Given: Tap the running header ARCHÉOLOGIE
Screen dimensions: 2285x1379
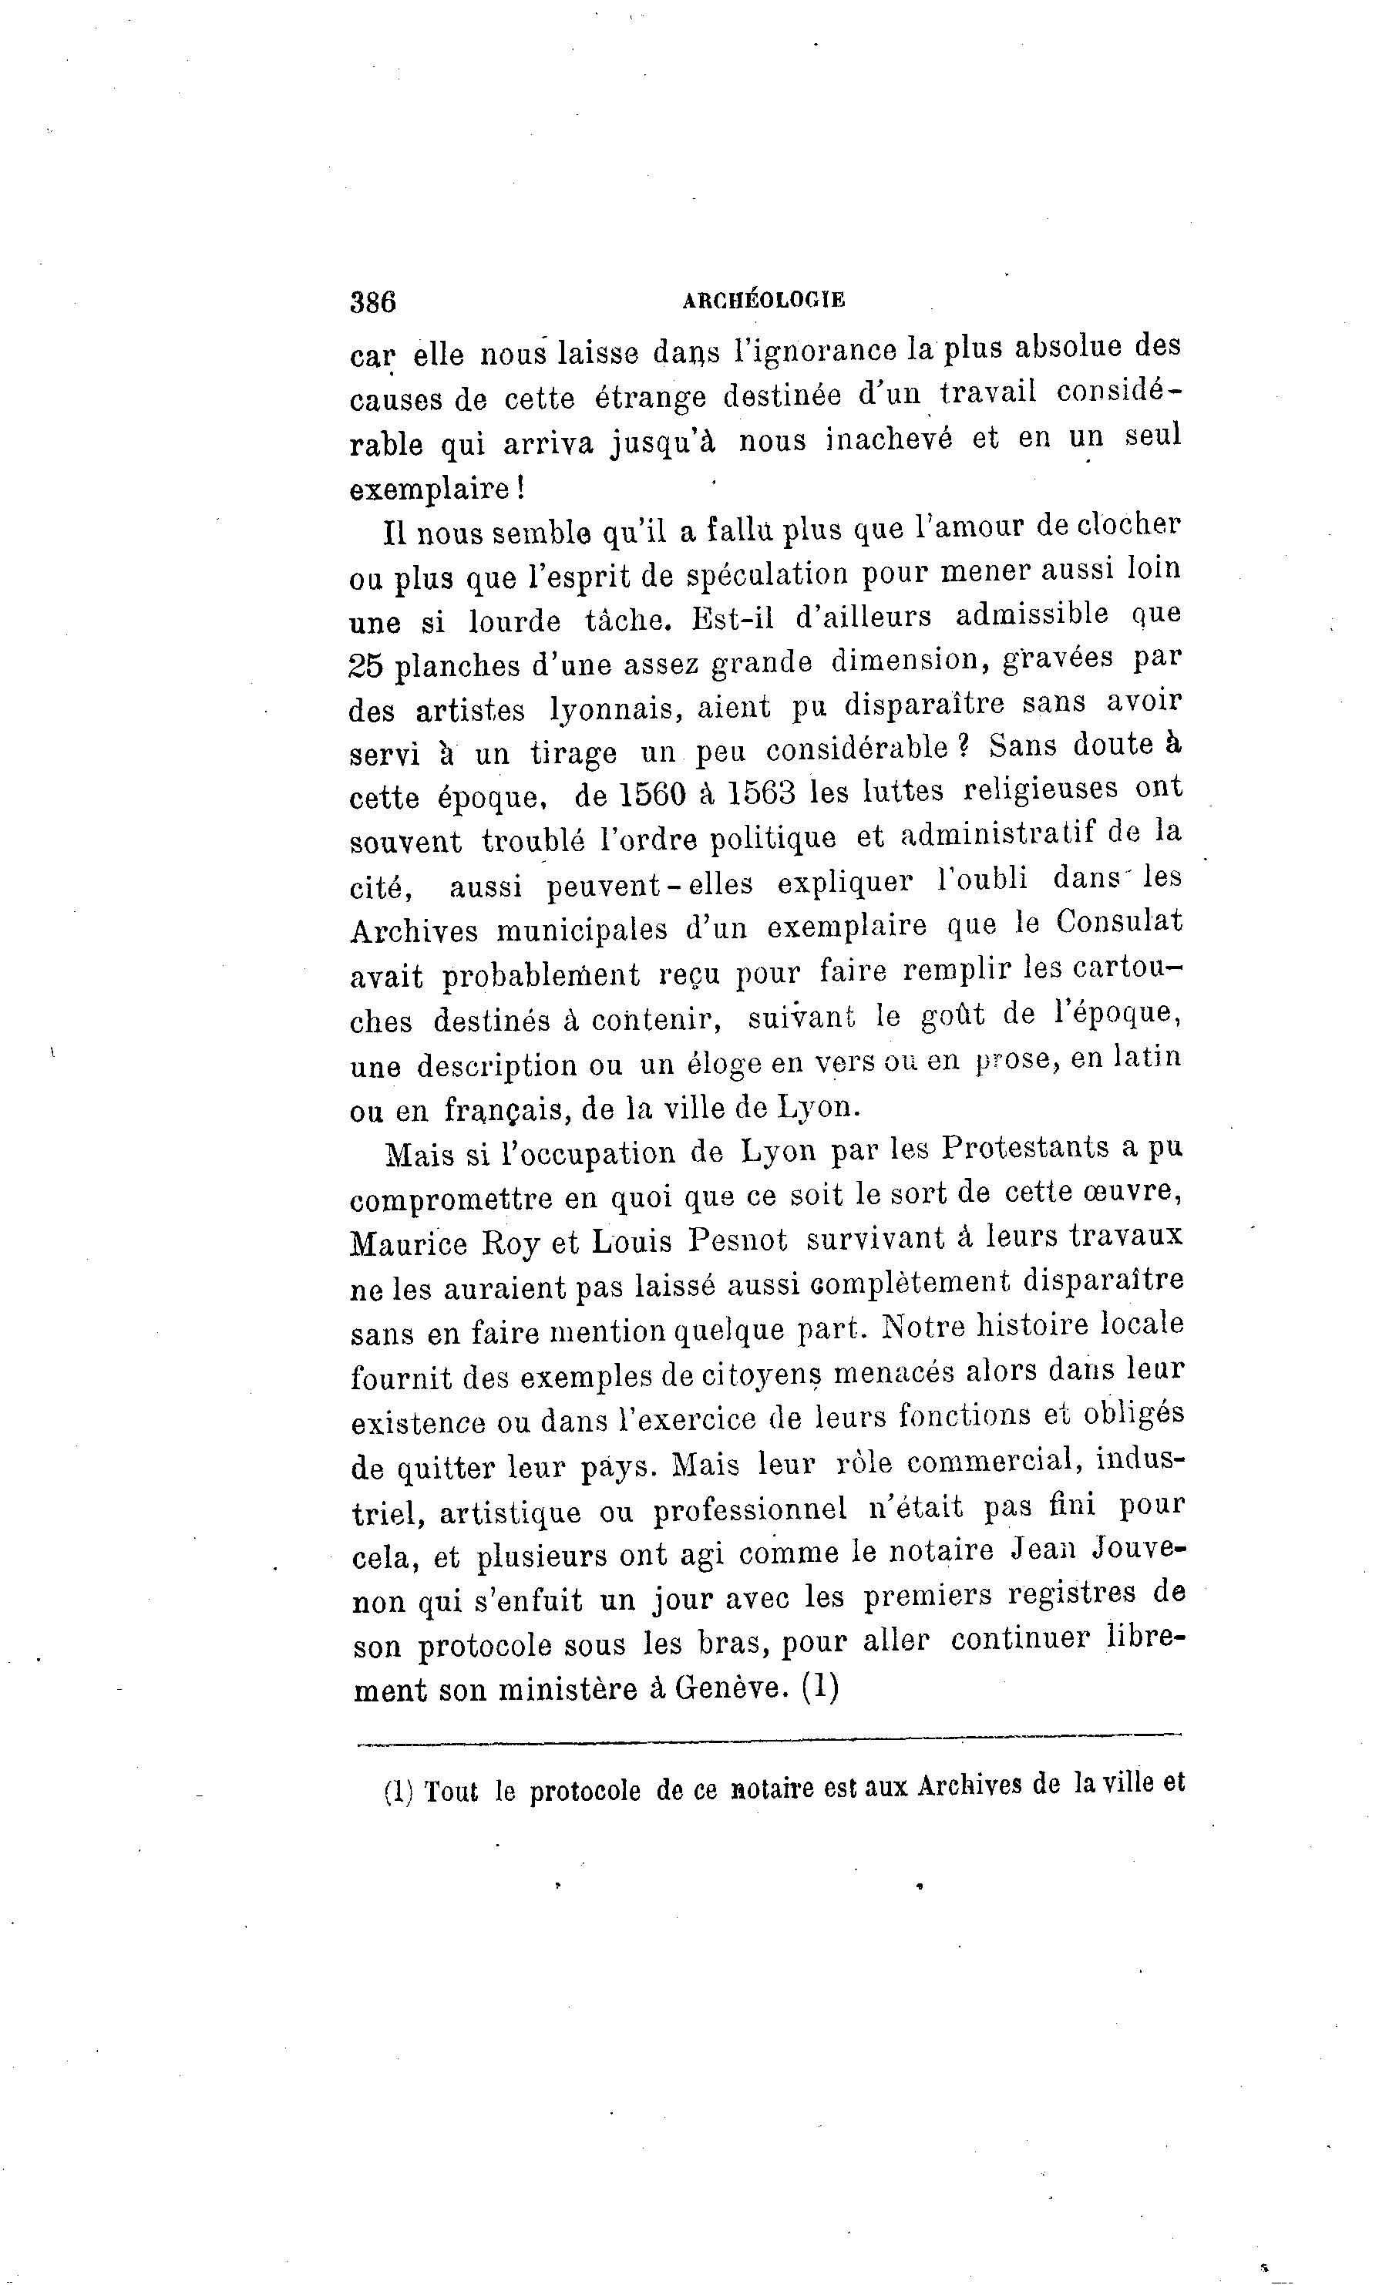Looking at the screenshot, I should pyautogui.click(x=762, y=300).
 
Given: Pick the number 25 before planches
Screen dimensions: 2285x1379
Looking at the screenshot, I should pyautogui.click(x=367, y=666).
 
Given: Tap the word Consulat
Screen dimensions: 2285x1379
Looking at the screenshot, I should pyautogui.click(x=1119, y=922).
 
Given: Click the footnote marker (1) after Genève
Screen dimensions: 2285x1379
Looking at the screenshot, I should pyautogui.click(x=819, y=1686).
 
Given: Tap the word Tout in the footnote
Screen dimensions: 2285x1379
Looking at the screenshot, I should pyautogui.click(x=451, y=1792).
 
